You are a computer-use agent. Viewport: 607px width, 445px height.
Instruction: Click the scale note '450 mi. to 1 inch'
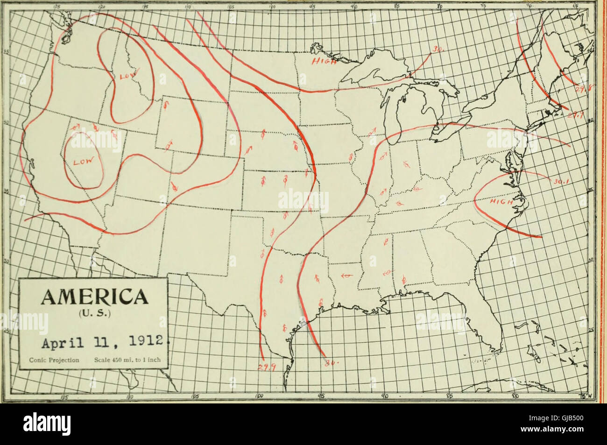click(127, 360)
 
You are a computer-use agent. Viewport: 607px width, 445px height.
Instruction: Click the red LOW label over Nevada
click(84, 162)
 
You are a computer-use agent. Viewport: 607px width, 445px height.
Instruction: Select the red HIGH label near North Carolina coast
click(501, 202)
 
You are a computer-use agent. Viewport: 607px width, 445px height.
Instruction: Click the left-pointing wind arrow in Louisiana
click(346, 276)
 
